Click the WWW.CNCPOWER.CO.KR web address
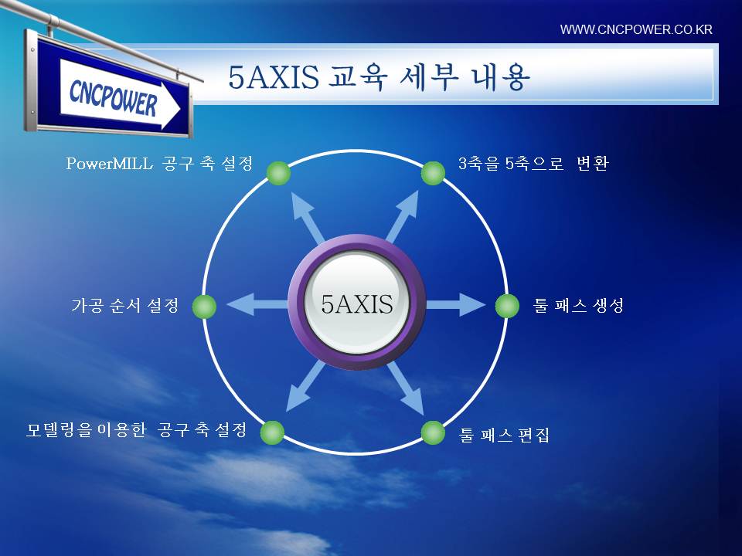(x=636, y=29)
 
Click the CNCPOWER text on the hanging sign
(x=113, y=98)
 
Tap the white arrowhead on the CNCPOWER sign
(x=171, y=109)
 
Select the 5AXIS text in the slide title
(x=274, y=77)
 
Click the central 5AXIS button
(x=357, y=303)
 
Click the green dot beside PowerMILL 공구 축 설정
(x=279, y=173)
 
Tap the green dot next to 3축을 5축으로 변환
(x=433, y=173)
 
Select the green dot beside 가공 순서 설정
(x=204, y=307)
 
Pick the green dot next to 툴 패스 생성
(x=507, y=306)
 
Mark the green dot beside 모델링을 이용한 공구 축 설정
(x=273, y=432)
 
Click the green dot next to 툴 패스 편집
(x=433, y=432)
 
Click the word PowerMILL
(x=109, y=164)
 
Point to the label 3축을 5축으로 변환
(x=533, y=164)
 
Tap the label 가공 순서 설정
(x=125, y=306)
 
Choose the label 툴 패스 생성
(x=578, y=306)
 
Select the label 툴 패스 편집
(x=505, y=435)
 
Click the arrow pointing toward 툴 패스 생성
(x=456, y=305)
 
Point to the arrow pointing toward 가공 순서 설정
(x=258, y=304)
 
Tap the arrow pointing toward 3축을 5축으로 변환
(x=402, y=216)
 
